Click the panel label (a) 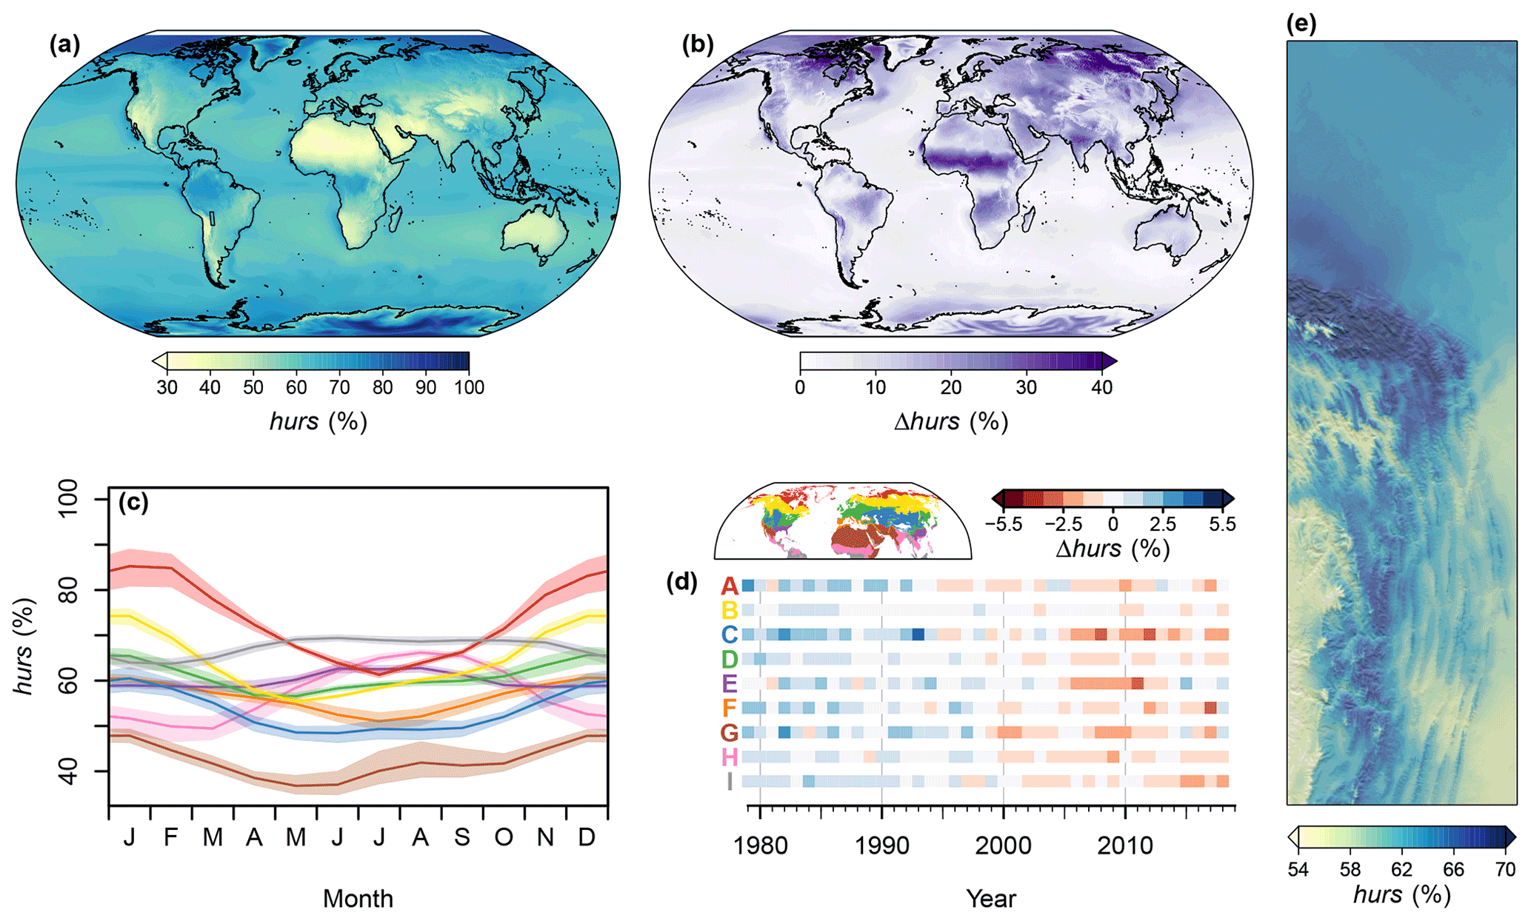[64, 46]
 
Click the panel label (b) [697, 46]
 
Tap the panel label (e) [1301, 24]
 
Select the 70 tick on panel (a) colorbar [340, 387]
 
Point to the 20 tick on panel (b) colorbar [951, 387]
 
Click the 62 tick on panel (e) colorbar [1402, 868]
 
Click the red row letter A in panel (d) [730, 586]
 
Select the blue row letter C [730, 634]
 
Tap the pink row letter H [730, 757]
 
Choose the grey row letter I [730, 782]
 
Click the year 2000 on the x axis [1003, 845]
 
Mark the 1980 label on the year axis [760, 845]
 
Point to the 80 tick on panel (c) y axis [68, 590]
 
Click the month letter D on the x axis [587, 837]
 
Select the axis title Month [358, 899]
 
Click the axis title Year [991, 899]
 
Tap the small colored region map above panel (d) [843, 521]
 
